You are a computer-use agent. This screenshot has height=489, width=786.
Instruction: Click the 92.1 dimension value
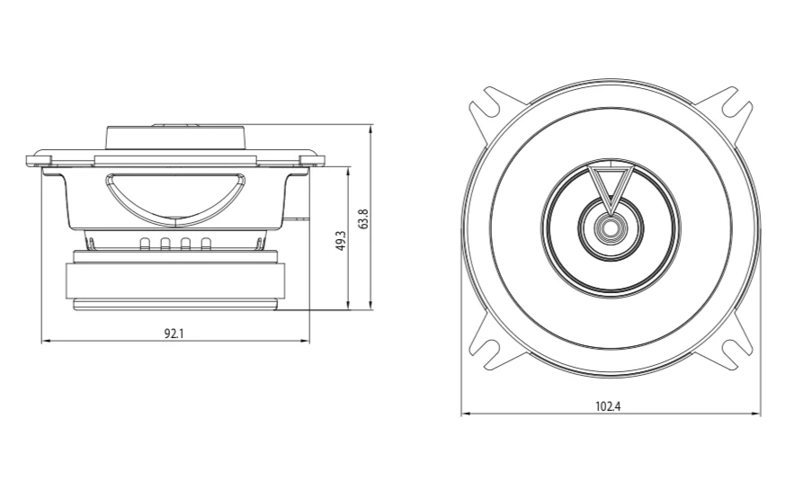174,333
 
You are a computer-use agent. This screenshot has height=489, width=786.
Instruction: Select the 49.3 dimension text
341,241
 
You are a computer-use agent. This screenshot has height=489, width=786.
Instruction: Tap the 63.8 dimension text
363,219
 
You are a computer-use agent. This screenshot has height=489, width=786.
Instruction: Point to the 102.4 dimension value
608,405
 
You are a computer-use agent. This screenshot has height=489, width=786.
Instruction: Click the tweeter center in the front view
611,227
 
